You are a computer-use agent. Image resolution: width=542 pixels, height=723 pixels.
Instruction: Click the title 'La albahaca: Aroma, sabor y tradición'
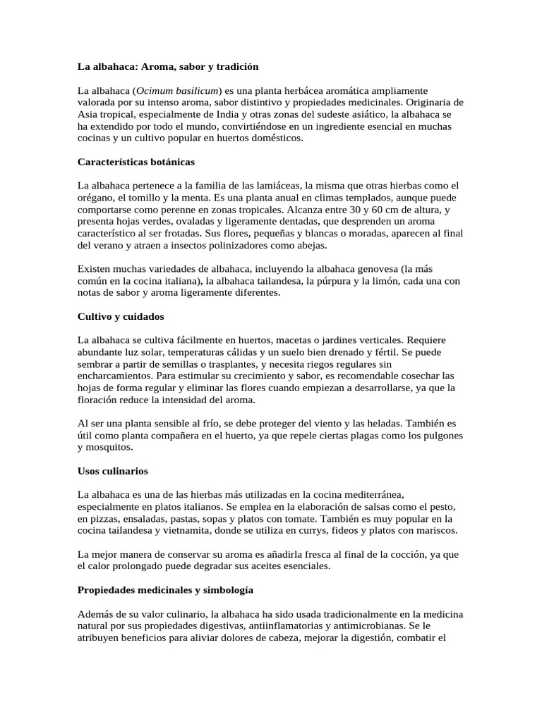(x=168, y=66)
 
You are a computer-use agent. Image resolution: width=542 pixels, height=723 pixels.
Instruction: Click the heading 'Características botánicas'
(x=135, y=162)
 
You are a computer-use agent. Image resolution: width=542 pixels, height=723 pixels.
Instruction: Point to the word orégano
(x=95, y=198)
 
